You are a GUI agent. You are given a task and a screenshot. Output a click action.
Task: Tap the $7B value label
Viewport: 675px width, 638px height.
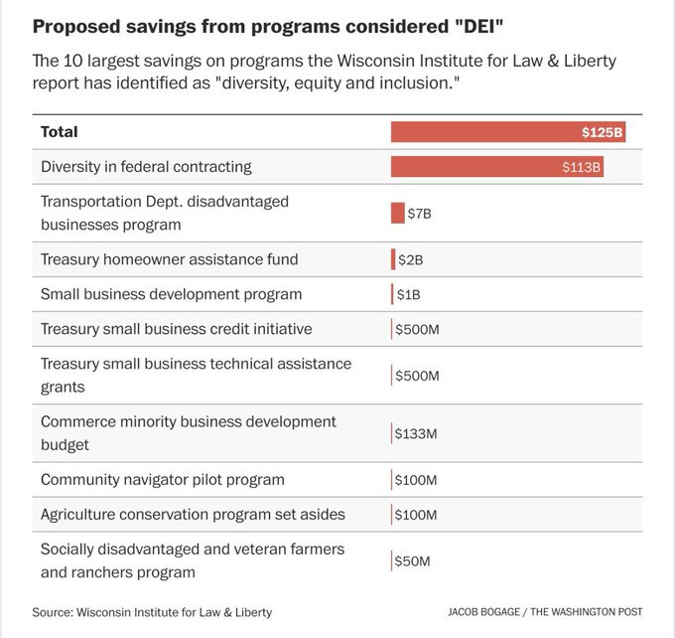tap(419, 214)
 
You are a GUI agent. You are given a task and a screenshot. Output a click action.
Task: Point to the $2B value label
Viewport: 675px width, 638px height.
tap(410, 260)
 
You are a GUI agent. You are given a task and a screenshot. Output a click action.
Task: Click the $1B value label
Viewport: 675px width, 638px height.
tap(408, 295)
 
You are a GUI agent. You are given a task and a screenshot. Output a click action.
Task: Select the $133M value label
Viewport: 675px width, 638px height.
tap(416, 434)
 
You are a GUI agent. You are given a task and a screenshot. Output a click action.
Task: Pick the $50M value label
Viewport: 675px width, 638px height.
tap(412, 561)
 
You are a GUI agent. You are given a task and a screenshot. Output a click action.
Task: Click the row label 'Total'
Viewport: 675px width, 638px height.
tap(59, 131)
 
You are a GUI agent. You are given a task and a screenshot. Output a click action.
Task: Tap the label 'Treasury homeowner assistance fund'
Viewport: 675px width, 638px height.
tap(169, 259)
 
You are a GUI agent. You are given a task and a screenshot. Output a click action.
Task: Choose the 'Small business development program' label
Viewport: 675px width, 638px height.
tap(171, 294)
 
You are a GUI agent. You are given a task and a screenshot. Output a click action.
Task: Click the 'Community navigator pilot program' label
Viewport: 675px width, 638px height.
tap(163, 480)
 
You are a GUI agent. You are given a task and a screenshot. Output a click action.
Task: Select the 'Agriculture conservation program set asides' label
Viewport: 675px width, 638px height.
tap(193, 515)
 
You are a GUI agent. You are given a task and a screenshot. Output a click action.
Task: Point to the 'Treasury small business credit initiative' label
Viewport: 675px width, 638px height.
tap(176, 329)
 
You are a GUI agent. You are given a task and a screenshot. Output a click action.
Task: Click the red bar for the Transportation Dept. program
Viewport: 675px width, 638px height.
tap(398, 213)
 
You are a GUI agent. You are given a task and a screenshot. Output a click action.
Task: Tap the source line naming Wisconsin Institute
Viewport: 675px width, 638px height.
tap(151, 612)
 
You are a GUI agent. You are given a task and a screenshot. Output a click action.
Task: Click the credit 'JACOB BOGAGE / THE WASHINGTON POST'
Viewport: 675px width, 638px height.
tap(545, 612)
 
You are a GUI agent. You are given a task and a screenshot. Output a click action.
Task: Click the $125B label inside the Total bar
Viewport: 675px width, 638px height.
tap(602, 132)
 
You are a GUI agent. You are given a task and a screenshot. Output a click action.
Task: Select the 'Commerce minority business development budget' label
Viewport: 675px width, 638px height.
tap(189, 433)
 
